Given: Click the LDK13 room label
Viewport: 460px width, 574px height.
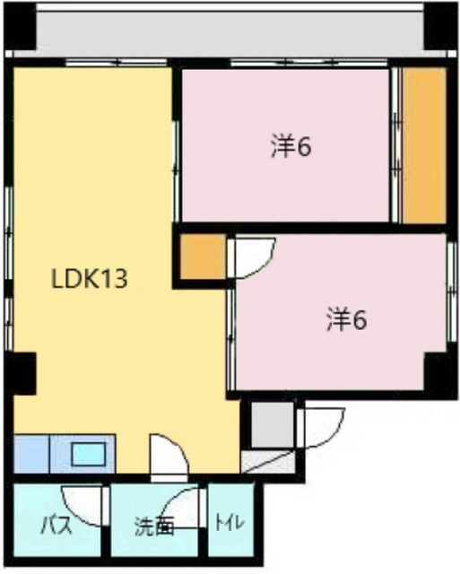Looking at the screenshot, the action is click(x=90, y=279).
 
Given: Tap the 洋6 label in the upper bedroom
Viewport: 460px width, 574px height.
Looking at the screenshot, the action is click(x=291, y=147).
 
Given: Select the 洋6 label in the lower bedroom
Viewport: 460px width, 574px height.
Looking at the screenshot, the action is click(x=346, y=320).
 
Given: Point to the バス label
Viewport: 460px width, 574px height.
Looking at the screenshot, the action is click(x=56, y=526).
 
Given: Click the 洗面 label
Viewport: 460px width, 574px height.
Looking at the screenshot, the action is click(x=153, y=526).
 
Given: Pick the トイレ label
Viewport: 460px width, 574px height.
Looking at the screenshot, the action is click(x=230, y=523).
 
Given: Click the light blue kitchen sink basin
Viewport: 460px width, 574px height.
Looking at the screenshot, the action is click(x=89, y=454).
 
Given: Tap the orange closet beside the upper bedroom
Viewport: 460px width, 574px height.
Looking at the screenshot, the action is click(x=424, y=145).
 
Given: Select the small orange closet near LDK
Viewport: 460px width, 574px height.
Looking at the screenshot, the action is click(x=204, y=257).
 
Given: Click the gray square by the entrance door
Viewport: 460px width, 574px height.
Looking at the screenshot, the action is click(x=273, y=424).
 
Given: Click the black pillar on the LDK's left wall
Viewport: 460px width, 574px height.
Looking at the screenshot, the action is click(x=22, y=374).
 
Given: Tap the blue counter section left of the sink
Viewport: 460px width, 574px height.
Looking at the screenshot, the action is click(x=31, y=454).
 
